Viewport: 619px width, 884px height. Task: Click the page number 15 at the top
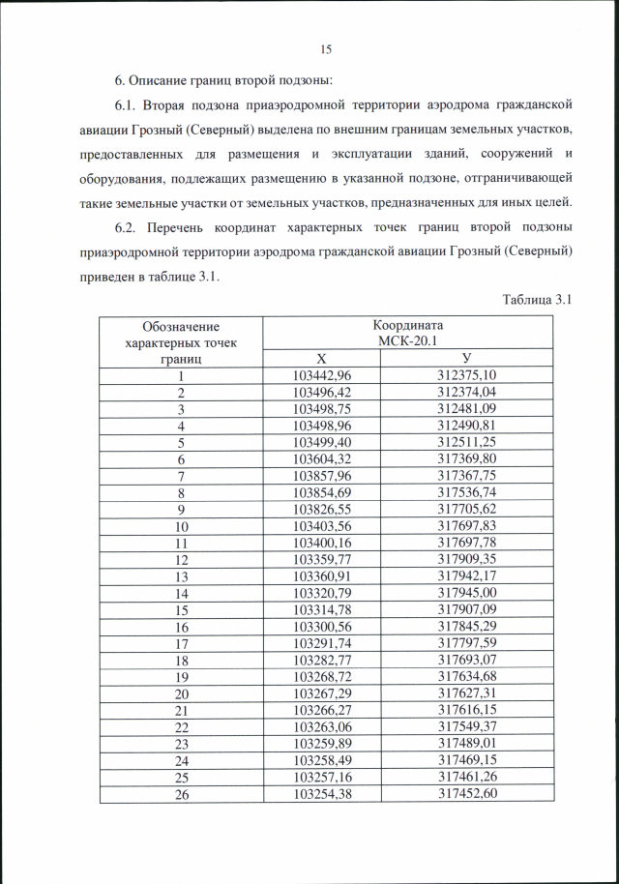pos(325,49)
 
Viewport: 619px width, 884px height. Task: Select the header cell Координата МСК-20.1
pos(407,334)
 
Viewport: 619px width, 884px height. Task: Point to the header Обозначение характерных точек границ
pos(180,342)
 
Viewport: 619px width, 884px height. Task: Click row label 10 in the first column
pos(180,526)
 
